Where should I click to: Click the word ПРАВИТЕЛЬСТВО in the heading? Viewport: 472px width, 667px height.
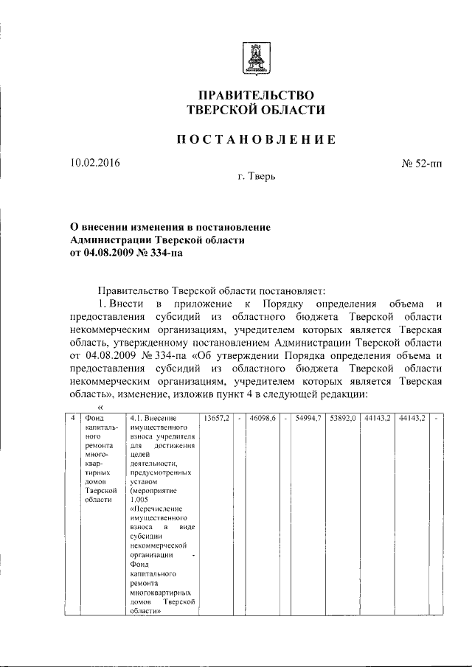256,96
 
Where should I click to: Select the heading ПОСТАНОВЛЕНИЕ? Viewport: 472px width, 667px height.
256,139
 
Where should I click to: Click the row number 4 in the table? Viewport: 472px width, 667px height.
72,418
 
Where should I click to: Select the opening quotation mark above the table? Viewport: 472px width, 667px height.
101,406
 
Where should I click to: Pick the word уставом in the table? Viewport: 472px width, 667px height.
143,478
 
